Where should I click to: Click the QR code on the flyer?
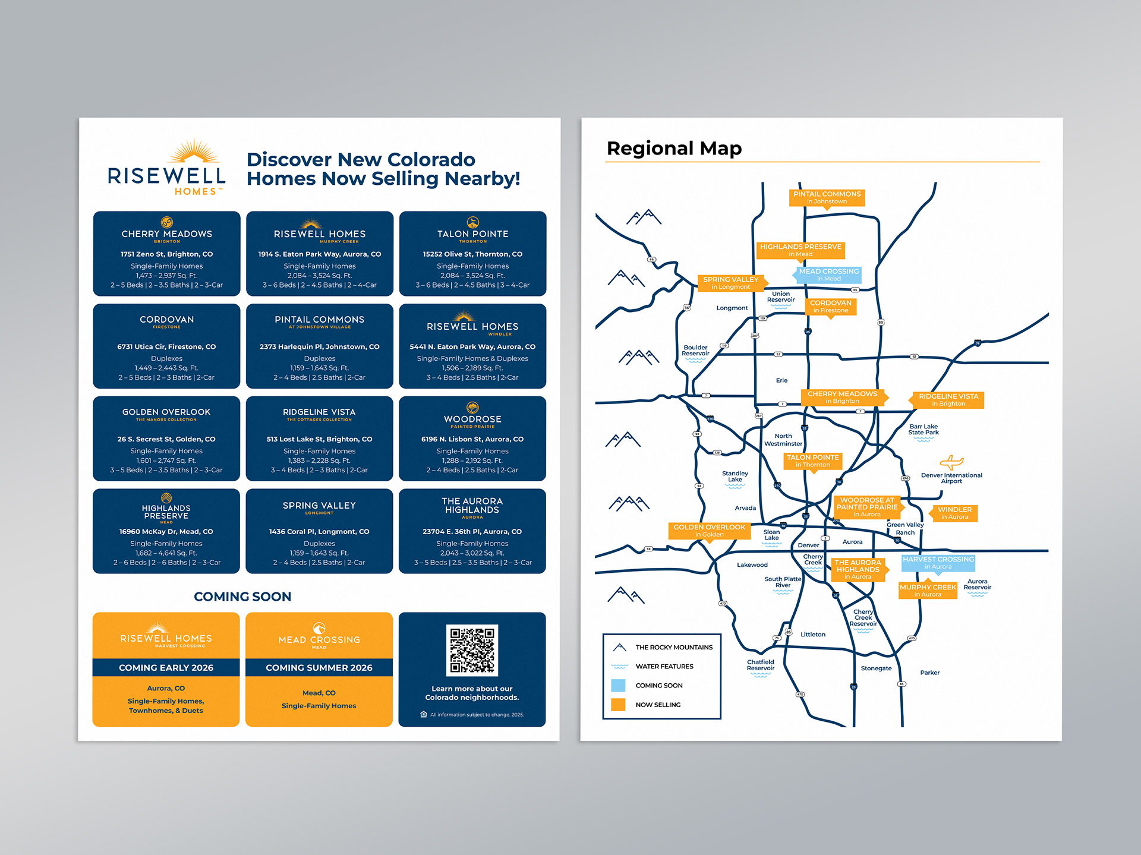(472, 650)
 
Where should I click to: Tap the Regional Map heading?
(674, 148)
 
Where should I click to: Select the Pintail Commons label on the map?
(827, 197)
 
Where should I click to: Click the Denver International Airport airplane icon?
(951, 462)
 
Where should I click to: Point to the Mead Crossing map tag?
(828, 275)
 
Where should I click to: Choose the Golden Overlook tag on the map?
(709, 531)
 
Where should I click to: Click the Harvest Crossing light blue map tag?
(938, 563)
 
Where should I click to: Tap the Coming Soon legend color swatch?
(618, 685)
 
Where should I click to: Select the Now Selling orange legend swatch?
(618, 705)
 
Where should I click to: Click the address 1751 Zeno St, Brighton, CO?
(166, 254)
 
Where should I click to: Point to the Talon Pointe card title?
(472, 234)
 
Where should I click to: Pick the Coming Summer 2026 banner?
(319, 668)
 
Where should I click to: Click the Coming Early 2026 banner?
(166, 668)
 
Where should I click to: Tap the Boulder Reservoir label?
(695, 351)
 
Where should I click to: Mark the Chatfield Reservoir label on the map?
(761, 665)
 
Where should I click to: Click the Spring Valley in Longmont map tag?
(730, 283)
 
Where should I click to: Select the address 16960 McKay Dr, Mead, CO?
(166, 532)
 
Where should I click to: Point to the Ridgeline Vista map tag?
(948, 400)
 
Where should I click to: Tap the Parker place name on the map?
(929, 673)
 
